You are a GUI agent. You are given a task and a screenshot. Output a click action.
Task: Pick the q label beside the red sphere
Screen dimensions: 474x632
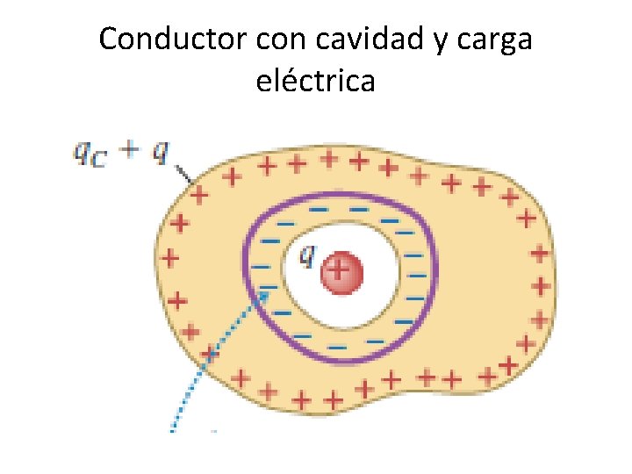coord(307,255)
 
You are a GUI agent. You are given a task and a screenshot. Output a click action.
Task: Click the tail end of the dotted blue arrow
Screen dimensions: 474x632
coord(173,429)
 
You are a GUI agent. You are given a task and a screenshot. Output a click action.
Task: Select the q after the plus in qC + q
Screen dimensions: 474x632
coord(159,153)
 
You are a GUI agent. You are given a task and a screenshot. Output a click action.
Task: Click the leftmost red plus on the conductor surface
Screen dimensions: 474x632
coord(169,259)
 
